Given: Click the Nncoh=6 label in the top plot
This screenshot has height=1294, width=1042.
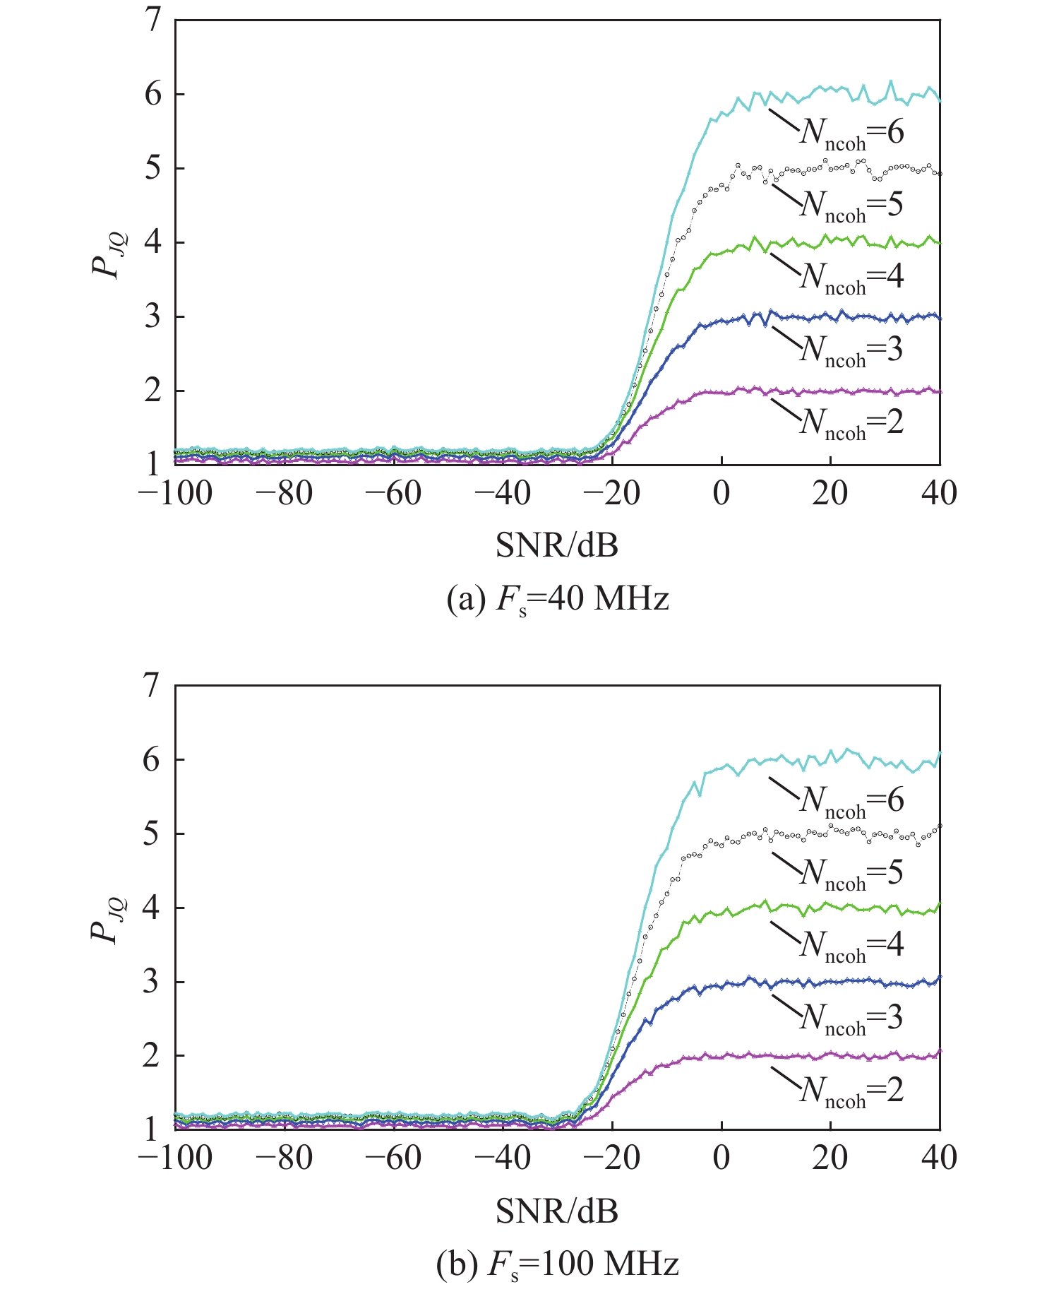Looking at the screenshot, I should (x=851, y=133).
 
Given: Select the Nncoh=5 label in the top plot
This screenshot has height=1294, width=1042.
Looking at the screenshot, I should (x=851, y=206).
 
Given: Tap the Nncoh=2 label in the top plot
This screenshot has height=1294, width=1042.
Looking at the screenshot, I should (x=851, y=423).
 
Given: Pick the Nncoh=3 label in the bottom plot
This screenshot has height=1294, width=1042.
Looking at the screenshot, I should (x=851, y=1018).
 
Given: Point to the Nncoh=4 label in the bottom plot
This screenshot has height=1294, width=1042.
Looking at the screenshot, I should (x=851, y=945).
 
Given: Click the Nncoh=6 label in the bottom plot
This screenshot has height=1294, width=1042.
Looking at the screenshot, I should (x=851, y=800).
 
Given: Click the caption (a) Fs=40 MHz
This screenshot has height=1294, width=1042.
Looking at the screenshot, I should (x=558, y=600).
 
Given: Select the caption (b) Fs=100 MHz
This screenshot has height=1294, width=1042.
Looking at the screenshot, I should (x=558, y=1264).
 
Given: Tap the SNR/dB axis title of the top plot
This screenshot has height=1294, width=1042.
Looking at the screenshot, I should (x=557, y=545).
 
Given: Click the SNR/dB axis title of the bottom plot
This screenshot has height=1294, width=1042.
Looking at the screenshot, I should (x=557, y=1211).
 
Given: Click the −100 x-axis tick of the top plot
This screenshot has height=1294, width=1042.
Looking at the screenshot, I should (x=175, y=494).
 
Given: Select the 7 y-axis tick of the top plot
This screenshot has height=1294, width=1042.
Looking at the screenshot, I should (x=154, y=21).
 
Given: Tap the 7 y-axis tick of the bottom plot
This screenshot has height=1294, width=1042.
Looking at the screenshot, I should (x=154, y=686).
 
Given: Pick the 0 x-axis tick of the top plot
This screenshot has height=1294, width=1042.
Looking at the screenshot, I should (x=721, y=494).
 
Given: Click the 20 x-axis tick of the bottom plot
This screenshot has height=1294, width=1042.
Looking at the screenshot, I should (x=830, y=1158).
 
